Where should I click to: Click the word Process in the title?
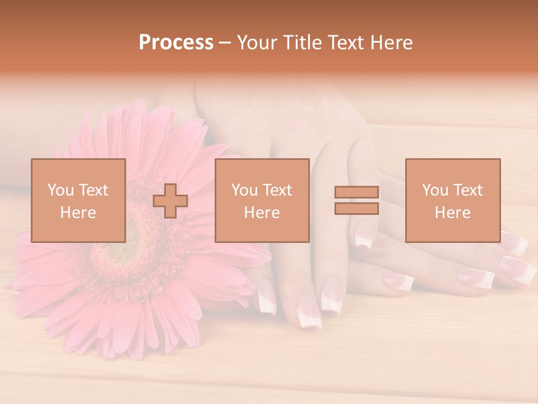[x=176, y=43]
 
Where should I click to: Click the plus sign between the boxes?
[x=170, y=201]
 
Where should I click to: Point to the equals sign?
[x=356, y=200]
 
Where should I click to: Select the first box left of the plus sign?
[x=78, y=200]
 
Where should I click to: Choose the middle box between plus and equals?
[x=262, y=200]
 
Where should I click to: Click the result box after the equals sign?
[x=452, y=200]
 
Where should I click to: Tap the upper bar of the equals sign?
[x=356, y=192]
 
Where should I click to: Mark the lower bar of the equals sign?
[x=356, y=209]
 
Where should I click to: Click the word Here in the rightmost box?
[x=452, y=212]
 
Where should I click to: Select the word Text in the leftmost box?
[x=94, y=190]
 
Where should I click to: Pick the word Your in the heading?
[x=256, y=43]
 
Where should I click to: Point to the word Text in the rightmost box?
[x=468, y=190]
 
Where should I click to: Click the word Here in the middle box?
[x=262, y=212]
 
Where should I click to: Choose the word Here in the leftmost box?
[x=78, y=212]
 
